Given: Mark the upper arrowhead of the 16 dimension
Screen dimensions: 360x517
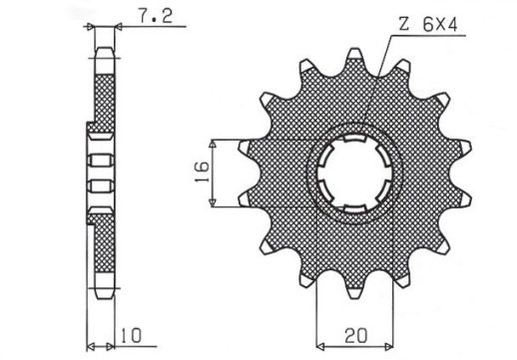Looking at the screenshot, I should pos(214,145).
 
